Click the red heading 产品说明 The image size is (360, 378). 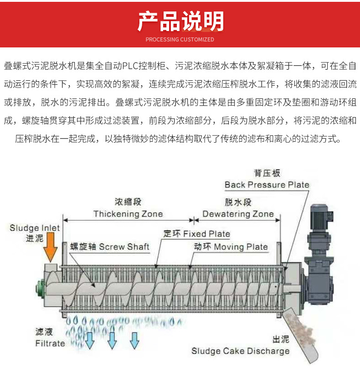coord(180,21)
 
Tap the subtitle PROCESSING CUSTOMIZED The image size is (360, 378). coord(180,40)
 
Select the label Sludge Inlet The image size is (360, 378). coord(35,228)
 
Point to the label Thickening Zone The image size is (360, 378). coord(128,214)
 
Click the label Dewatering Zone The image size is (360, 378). coord(238,214)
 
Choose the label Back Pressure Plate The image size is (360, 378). coord(267,185)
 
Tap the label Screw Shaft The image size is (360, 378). coord(124,247)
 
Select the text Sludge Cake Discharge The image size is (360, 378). coord(240,351)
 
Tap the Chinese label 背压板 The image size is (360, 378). coord(267,173)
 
